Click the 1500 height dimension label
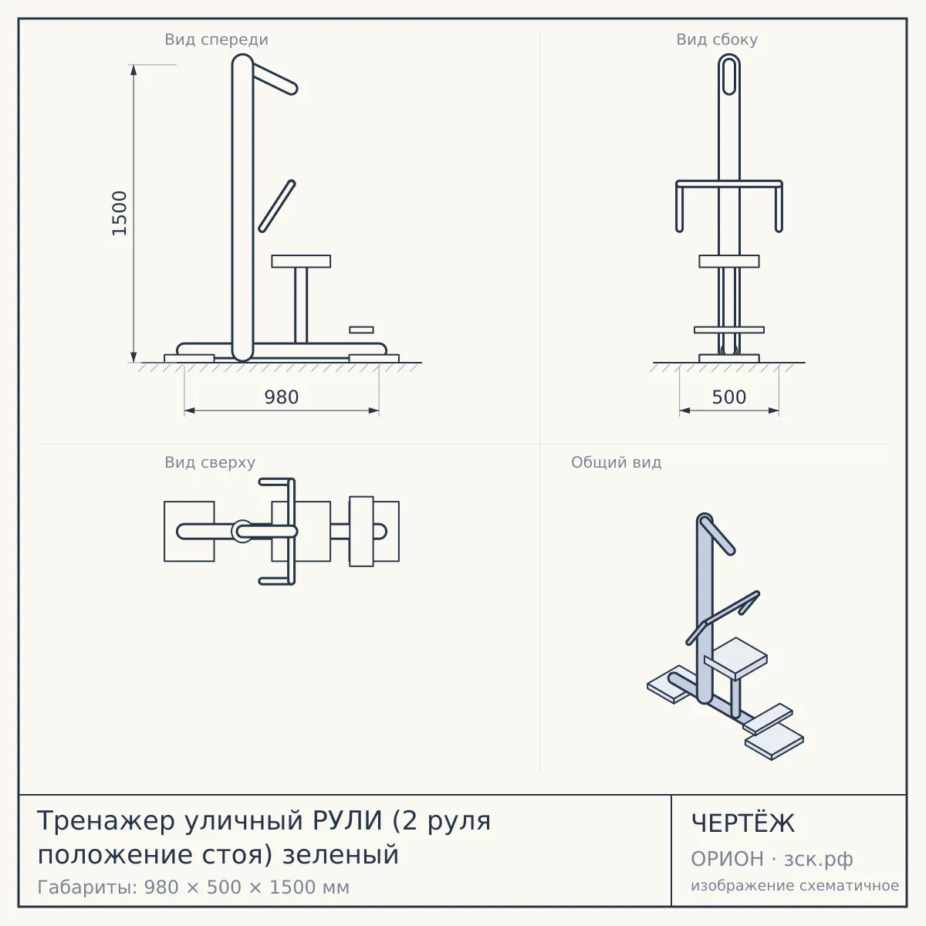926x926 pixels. coord(119,213)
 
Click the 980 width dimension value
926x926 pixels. coord(282,397)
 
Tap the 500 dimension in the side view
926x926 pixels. coord(729,397)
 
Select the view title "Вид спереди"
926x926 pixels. coord(216,39)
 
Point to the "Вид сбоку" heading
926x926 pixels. coord(717,39)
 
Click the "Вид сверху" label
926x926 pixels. coord(210,462)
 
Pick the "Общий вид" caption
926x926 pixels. coord(616,462)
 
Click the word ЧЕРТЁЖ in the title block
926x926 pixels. coord(743,823)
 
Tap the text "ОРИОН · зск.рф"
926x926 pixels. coord(772,859)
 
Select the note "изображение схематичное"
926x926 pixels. coord(795,886)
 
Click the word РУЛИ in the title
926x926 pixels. coord(347,820)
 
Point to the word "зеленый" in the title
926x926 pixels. coord(341,855)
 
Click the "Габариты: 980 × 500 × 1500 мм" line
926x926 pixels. coord(193,887)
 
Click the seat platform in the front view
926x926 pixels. coord(301,262)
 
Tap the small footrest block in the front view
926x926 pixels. coord(361,330)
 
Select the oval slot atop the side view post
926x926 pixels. coord(729,76)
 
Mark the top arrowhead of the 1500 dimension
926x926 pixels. coord(133,69)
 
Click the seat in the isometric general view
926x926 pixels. coord(735,657)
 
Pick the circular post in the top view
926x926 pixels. coord(242,532)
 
